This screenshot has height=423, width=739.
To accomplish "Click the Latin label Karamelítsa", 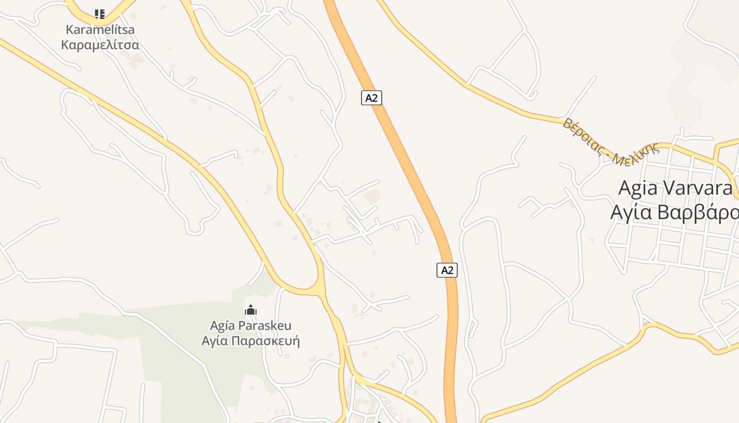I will click(x=100, y=30).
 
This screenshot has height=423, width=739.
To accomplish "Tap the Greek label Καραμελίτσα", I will click(x=100, y=44).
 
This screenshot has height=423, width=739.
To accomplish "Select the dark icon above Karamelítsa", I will click(x=99, y=14).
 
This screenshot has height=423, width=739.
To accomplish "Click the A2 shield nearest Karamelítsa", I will click(x=372, y=98).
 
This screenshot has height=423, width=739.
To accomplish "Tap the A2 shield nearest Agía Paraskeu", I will click(x=447, y=270).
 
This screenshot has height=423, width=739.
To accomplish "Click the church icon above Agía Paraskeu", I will click(x=251, y=309).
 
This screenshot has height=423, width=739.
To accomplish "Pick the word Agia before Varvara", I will click(x=638, y=188).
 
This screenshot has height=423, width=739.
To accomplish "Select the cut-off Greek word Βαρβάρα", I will click(x=697, y=212).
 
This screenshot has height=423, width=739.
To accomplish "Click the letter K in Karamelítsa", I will click(x=69, y=30).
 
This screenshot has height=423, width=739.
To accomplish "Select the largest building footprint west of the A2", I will click(x=372, y=198).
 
